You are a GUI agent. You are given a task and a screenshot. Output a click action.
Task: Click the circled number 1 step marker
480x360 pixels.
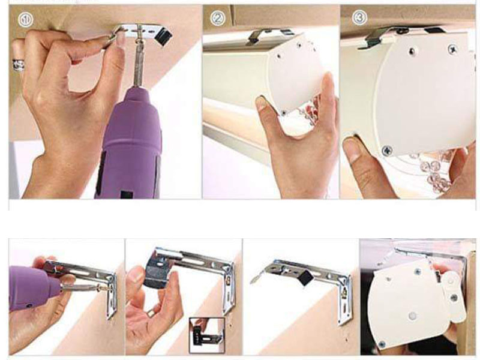point(26,20)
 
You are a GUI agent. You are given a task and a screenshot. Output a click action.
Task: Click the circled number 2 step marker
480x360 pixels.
point(218,19)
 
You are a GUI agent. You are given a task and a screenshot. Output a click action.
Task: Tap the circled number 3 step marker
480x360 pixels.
point(359,17)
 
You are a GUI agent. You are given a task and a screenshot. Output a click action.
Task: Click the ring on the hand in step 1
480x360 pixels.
point(19,65)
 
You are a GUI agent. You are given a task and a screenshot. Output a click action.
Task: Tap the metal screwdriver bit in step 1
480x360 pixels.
point(139,58)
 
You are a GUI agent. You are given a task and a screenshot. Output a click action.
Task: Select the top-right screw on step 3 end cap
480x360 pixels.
point(452,49)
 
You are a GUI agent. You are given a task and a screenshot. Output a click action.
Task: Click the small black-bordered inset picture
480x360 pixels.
point(206,335)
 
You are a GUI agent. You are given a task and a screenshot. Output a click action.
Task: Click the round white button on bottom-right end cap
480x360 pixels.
point(412,316)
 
